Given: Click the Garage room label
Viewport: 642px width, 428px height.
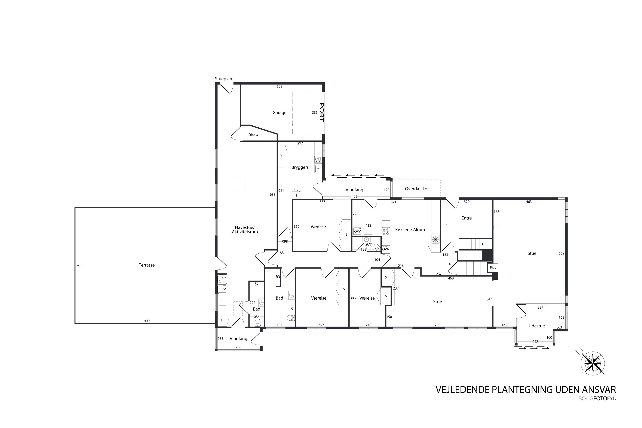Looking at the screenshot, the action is tap(279, 113).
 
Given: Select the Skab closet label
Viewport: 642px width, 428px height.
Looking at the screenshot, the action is tap(253, 134).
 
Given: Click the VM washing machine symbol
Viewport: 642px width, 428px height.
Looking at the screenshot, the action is tap(318, 160).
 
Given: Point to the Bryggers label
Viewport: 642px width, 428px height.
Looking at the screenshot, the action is tap(300, 167).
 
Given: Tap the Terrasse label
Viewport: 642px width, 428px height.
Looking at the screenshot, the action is tap(147, 265).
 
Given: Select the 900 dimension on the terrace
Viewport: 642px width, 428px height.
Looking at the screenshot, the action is tap(147, 321).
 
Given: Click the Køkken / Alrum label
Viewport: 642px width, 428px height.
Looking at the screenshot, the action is tap(410, 230).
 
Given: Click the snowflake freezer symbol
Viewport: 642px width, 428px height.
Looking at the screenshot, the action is tap(435, 239).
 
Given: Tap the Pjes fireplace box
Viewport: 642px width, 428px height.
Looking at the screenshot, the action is tap(493, 267).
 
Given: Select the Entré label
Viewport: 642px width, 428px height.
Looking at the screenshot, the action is tap(467, 218).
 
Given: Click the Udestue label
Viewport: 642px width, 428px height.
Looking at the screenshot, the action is tap(537, 326).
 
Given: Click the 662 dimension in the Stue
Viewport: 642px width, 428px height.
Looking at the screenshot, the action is tap(561, 253).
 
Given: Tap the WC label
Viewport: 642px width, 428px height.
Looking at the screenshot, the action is tap(369, 245).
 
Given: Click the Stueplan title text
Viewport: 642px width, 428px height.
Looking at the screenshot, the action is tap(223, 79).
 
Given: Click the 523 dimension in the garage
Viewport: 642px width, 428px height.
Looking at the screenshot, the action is tap(279, 86).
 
